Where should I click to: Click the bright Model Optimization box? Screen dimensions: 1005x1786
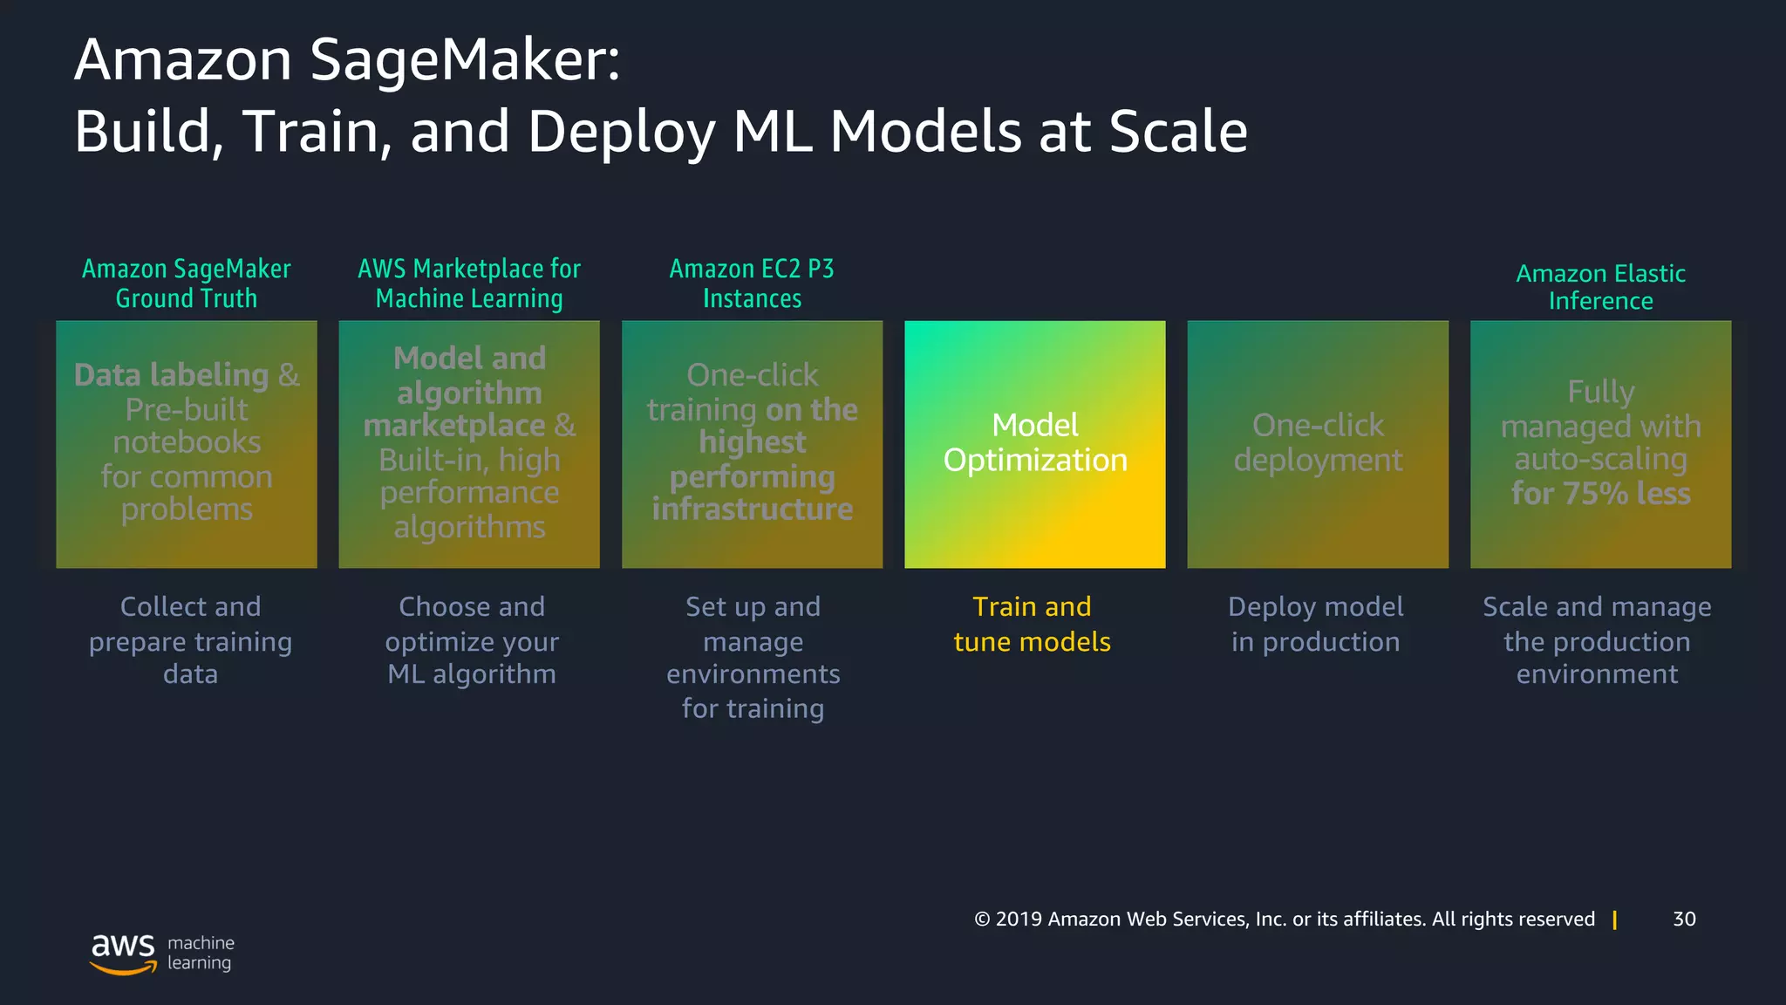click(x=1034, y=443)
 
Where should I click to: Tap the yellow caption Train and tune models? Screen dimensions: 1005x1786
click(x=1032, y=625)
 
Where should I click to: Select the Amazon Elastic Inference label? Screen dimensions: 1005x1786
click(x=1600, y=287)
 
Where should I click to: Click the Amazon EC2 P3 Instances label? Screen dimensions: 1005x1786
click(x=752, y=284)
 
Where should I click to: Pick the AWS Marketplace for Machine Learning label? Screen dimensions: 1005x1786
click(x=469, y=284)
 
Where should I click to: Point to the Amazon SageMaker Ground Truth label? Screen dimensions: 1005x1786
click(x=187, y=284)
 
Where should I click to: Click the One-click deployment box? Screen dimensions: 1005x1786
click(x=1318, y=443)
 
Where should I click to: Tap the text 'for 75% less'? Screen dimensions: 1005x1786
click(x=1600, y=494)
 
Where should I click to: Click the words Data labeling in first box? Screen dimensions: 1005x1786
click(x=172, y=375)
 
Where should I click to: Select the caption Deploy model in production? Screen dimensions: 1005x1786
click(x=1315, y=625)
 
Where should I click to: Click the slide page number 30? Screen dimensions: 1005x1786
click(x=1684, y=919)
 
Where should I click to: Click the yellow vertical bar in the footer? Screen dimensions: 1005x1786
click(x=1615, y=920)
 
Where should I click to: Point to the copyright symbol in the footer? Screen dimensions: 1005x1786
click(x=983, y=920)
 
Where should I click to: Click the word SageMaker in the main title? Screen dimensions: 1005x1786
click(x=465, y=61)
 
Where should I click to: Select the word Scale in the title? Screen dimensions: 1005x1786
click(x=1177, y=133)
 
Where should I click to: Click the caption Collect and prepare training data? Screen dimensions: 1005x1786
click(x=190, y=640)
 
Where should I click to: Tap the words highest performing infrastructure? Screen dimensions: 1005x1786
click(x=753, y=476)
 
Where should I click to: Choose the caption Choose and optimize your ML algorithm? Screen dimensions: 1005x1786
click(x=472, y=640)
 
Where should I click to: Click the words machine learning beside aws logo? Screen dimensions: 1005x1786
click(x=201, y=953)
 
